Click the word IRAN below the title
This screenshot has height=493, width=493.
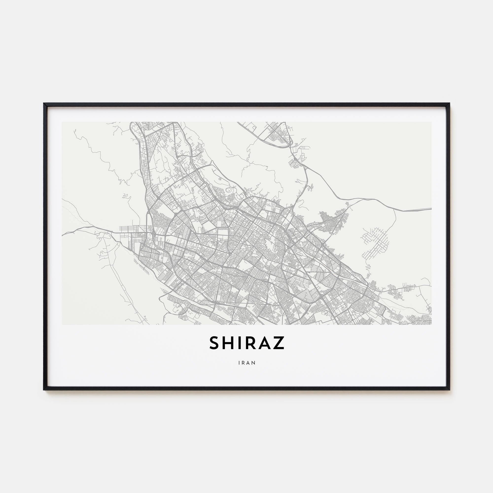click(247, 363)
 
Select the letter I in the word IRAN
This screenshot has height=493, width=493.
click(239, 363)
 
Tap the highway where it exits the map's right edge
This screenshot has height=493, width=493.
click(431, 209)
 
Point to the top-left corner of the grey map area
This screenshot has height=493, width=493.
click(62, 122)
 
